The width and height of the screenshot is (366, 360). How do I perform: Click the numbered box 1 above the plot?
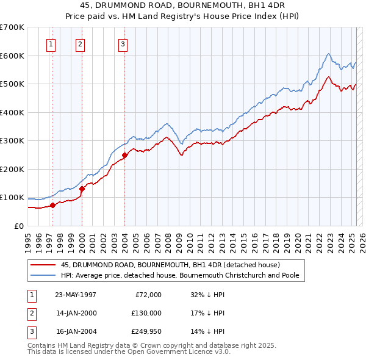coord(51,44)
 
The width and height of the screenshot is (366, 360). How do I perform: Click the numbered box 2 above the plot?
coord(81,44)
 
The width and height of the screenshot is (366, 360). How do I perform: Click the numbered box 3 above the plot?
coord(123,44)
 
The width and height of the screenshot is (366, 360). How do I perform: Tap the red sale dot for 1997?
coord(53,205)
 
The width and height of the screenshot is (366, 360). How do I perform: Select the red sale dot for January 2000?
coord(82,189)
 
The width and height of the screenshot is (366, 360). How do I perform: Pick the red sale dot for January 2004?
coord(124,155)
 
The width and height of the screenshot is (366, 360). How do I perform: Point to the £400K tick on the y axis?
coord(12,112)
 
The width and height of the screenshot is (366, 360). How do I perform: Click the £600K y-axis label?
coord(12,56)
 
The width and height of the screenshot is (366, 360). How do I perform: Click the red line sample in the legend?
coord(44,265)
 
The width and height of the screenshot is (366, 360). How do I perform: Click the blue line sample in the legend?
coord(44,276)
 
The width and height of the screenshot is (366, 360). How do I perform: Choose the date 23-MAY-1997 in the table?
coord(75,295)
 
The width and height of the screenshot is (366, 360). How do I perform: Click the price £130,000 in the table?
coord(146,313)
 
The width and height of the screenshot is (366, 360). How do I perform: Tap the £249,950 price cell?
coord(146,331)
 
